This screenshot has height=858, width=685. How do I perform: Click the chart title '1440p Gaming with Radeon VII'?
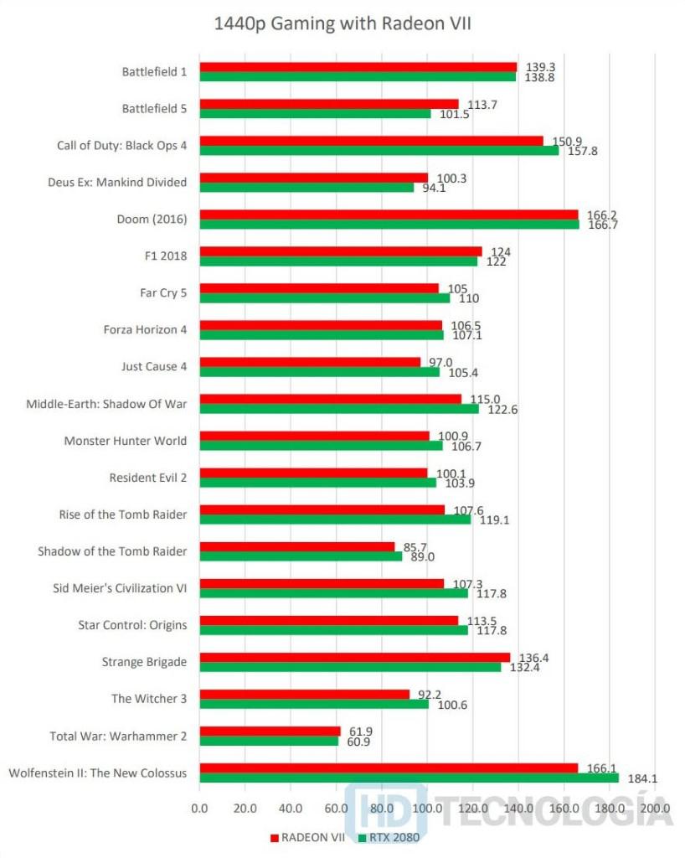[x=342, y=24]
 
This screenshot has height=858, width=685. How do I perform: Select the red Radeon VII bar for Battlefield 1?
[x=358, y=67]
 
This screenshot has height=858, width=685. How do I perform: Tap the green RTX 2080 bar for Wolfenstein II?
[x=409, y=778]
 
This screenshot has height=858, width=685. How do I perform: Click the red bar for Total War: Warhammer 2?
[x=270, y=731]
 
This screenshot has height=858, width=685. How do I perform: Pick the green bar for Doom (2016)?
[x=389, y=225]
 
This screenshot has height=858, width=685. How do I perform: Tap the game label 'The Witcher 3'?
[x=149, y=699]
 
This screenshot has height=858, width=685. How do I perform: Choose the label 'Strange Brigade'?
[x=144, y=662]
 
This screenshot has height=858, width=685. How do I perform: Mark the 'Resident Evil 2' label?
[x=148, y=478]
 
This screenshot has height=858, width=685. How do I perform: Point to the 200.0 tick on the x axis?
[x=655, y=809]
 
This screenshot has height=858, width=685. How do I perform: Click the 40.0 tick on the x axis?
[x=291, y=809]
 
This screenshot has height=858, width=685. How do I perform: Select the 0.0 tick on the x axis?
[x=199, y=809]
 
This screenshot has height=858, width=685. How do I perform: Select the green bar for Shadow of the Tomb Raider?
[x=301, y=556]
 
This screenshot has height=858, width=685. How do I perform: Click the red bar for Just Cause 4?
[x=310, y=362]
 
